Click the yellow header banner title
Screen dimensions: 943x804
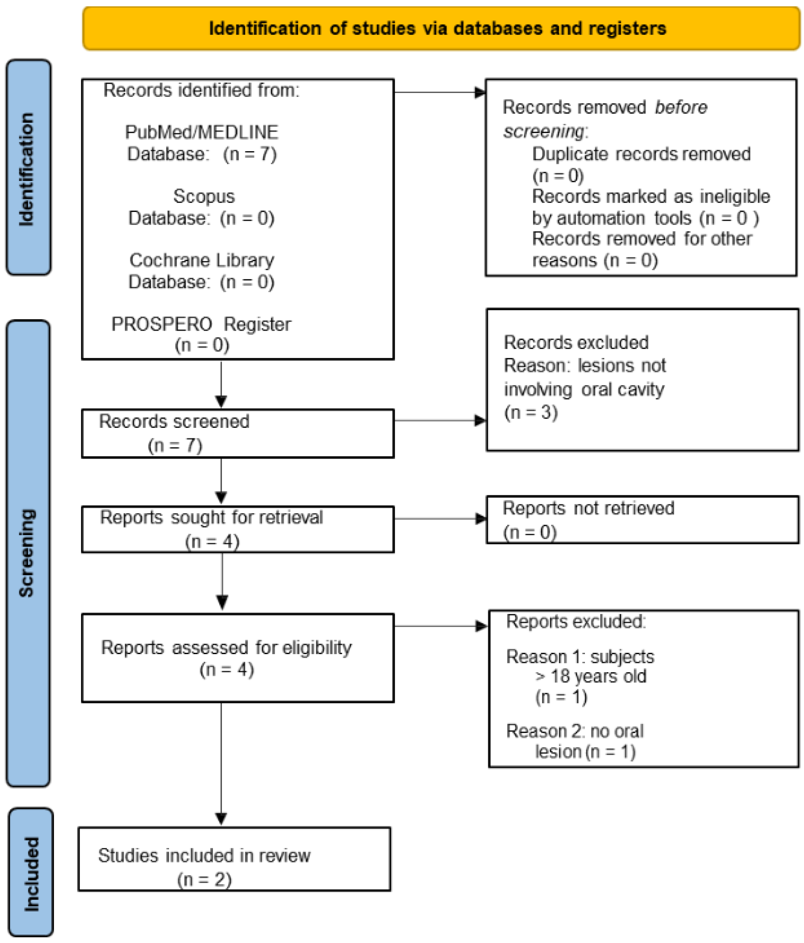437,28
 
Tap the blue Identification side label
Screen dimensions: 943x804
27,168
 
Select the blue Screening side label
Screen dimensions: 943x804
27,553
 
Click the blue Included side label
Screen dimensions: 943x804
31,874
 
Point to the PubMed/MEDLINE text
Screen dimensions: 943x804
202,132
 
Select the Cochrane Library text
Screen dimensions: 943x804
202,260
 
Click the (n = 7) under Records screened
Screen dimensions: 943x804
175,445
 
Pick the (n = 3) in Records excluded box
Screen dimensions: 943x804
530,412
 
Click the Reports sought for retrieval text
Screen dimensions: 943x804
211,517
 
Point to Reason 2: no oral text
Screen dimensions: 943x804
575,731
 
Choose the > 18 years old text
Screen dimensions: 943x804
591,676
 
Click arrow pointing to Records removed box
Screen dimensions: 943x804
479,92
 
